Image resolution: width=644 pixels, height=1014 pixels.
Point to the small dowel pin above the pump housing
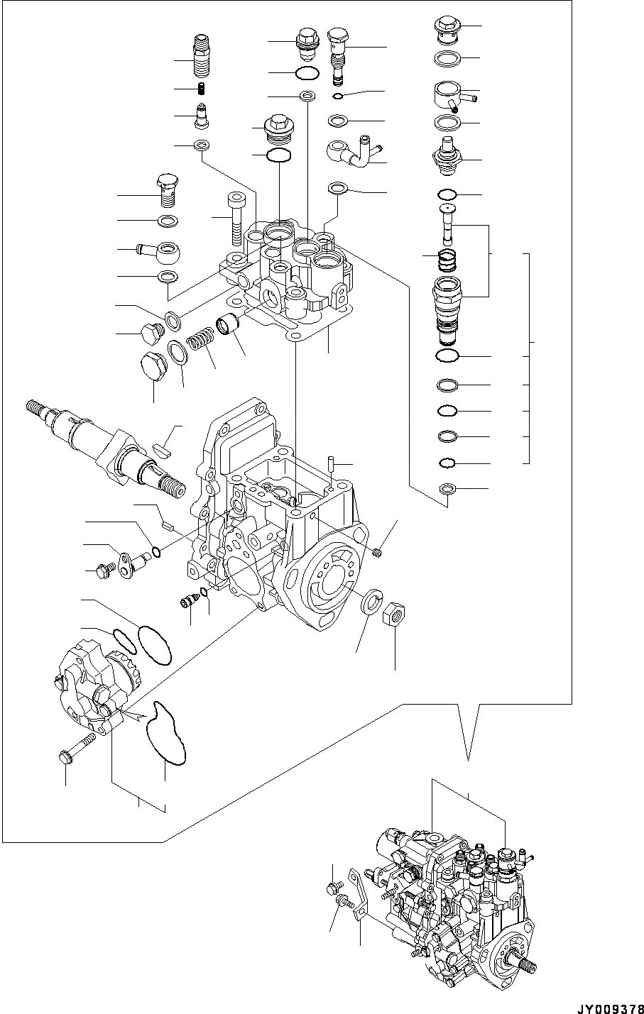(332, 463)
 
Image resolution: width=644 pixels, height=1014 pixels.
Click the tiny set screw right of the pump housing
(378, 552)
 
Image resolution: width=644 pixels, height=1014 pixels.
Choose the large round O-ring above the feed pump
(154, 645)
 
